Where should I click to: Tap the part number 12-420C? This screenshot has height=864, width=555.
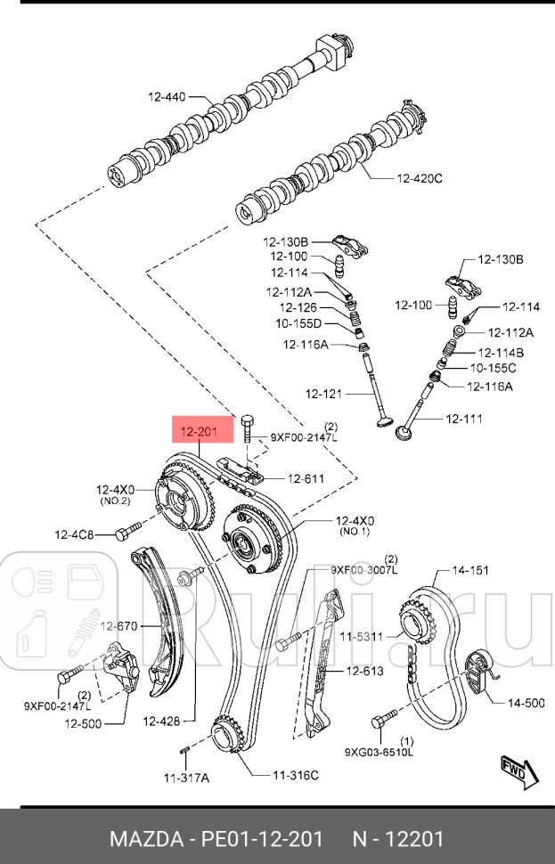coord(419,178)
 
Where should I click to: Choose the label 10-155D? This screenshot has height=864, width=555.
coord(298,324)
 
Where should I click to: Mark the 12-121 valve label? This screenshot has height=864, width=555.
coord(323,393)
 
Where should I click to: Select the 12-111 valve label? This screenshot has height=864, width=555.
coord(463,418)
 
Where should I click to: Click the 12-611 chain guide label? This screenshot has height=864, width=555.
coord(305,478)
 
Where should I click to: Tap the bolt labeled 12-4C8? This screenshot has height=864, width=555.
coord(123,534)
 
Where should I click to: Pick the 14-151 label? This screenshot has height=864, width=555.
coord(470,570)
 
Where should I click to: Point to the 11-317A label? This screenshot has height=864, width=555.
coord(185,777)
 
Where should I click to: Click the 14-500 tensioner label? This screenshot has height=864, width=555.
coord(526,703)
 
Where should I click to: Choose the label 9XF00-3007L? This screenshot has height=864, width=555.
coord(363,568)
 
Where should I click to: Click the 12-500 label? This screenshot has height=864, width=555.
coord(83,723)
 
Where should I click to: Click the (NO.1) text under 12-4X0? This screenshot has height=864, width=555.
coord(354,532)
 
